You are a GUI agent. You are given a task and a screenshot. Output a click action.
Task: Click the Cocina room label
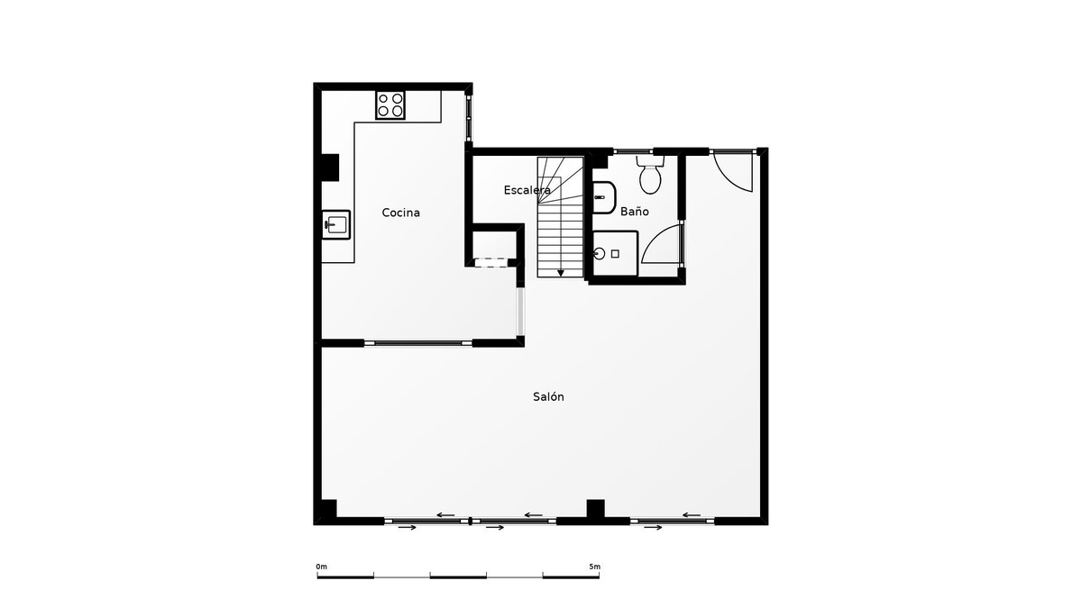tap(400, 213)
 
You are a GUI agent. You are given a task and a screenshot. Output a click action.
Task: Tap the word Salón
tap(548, 396)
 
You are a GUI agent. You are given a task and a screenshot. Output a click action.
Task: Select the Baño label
tap(634, 212)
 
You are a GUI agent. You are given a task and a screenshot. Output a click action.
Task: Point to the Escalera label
tap(527, 190)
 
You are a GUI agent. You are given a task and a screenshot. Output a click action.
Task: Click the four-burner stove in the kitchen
tap(390, 104)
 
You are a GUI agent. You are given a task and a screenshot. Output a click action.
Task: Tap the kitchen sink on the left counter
tap(336, 223)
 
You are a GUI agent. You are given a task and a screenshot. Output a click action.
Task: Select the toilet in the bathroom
tap(650, 176)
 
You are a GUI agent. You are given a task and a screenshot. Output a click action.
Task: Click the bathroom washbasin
tap(603, 195)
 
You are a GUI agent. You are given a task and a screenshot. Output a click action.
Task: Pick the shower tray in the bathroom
tap(615, 253)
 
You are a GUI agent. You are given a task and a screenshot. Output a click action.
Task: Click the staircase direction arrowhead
tap(561, 272)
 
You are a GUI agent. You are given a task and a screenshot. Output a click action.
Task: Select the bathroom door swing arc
tap(662, 244)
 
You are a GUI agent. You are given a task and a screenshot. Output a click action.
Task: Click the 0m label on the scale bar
tap(322, 567)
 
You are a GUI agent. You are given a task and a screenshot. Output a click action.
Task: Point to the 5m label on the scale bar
tap(594, 567)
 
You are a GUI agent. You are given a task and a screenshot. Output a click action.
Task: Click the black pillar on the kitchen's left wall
tap(329, 168)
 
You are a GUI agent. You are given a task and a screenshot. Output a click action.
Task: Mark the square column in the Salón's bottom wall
tap(595, 509)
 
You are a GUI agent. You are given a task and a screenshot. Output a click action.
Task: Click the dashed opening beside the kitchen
tap(491, 262)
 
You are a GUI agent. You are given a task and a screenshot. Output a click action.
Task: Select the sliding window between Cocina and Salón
tap(417, 342)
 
